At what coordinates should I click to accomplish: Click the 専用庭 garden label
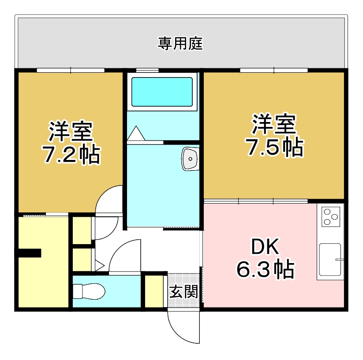pyautogui.click(x=180, y=44)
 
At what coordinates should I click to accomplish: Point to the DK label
pyautogui.click(x=265, y=248)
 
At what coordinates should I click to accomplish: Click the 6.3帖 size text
pyautogui.click(x=265, y=269)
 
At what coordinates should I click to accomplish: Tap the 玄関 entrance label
pyautogui.click(x=183, y=292)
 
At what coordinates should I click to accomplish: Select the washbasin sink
pyautogui.click(x=190, y=158)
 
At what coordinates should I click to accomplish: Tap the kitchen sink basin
pyautogui.click(x=330, y=260)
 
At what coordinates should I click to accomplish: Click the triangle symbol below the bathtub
pyautogui.click(x=136, y=134)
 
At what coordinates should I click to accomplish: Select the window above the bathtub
pyautogui.click(x=147, y=70)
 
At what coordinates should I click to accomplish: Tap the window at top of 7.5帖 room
pyautogui.click(x=273, y=70)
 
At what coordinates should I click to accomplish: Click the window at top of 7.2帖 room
pyautogui.click(x=71, y=70)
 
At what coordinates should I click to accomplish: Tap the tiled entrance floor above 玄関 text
pyautogui.click(x=183, y=279)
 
